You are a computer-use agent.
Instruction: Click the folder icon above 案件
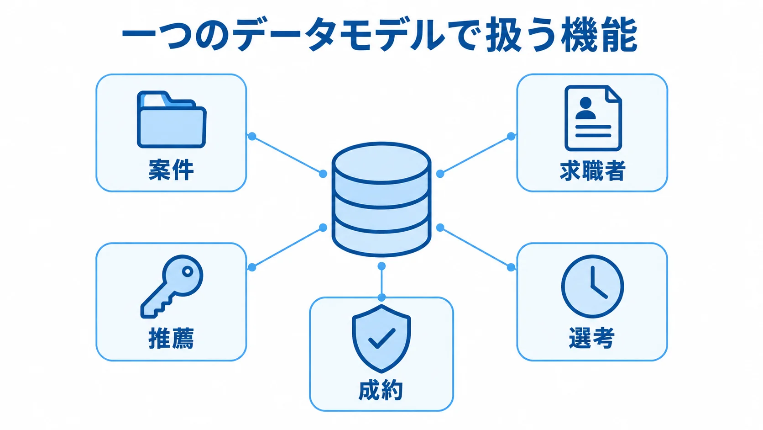click(x=171, y=119)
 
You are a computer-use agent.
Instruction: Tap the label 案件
click(x=171, y=170)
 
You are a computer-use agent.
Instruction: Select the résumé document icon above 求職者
click(x=593, y=118)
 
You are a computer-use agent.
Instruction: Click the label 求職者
click(x=593, y=170)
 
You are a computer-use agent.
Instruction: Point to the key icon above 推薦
click(x=172, y=287)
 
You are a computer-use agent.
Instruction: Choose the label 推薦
click(x=171, y=338)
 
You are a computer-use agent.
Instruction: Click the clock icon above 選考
click(x=593, y=287)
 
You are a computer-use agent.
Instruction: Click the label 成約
click(x=381, y=390)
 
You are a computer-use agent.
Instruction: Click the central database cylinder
click(x=381, y=200)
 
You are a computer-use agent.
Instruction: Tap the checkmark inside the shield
click(x=382, y=338)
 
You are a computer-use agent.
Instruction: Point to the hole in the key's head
click(x=188, y=271)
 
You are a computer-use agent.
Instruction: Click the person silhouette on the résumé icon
click(x=585, y=108)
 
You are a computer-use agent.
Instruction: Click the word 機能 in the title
click(x=599, y=35)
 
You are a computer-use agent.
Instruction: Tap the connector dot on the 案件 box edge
click(x=252, y=136)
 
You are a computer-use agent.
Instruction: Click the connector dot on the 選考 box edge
click(x=511, y=267)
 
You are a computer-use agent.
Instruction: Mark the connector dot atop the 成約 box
click(x=381, y=297)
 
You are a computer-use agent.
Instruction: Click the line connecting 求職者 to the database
click(x=476, y=155)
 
